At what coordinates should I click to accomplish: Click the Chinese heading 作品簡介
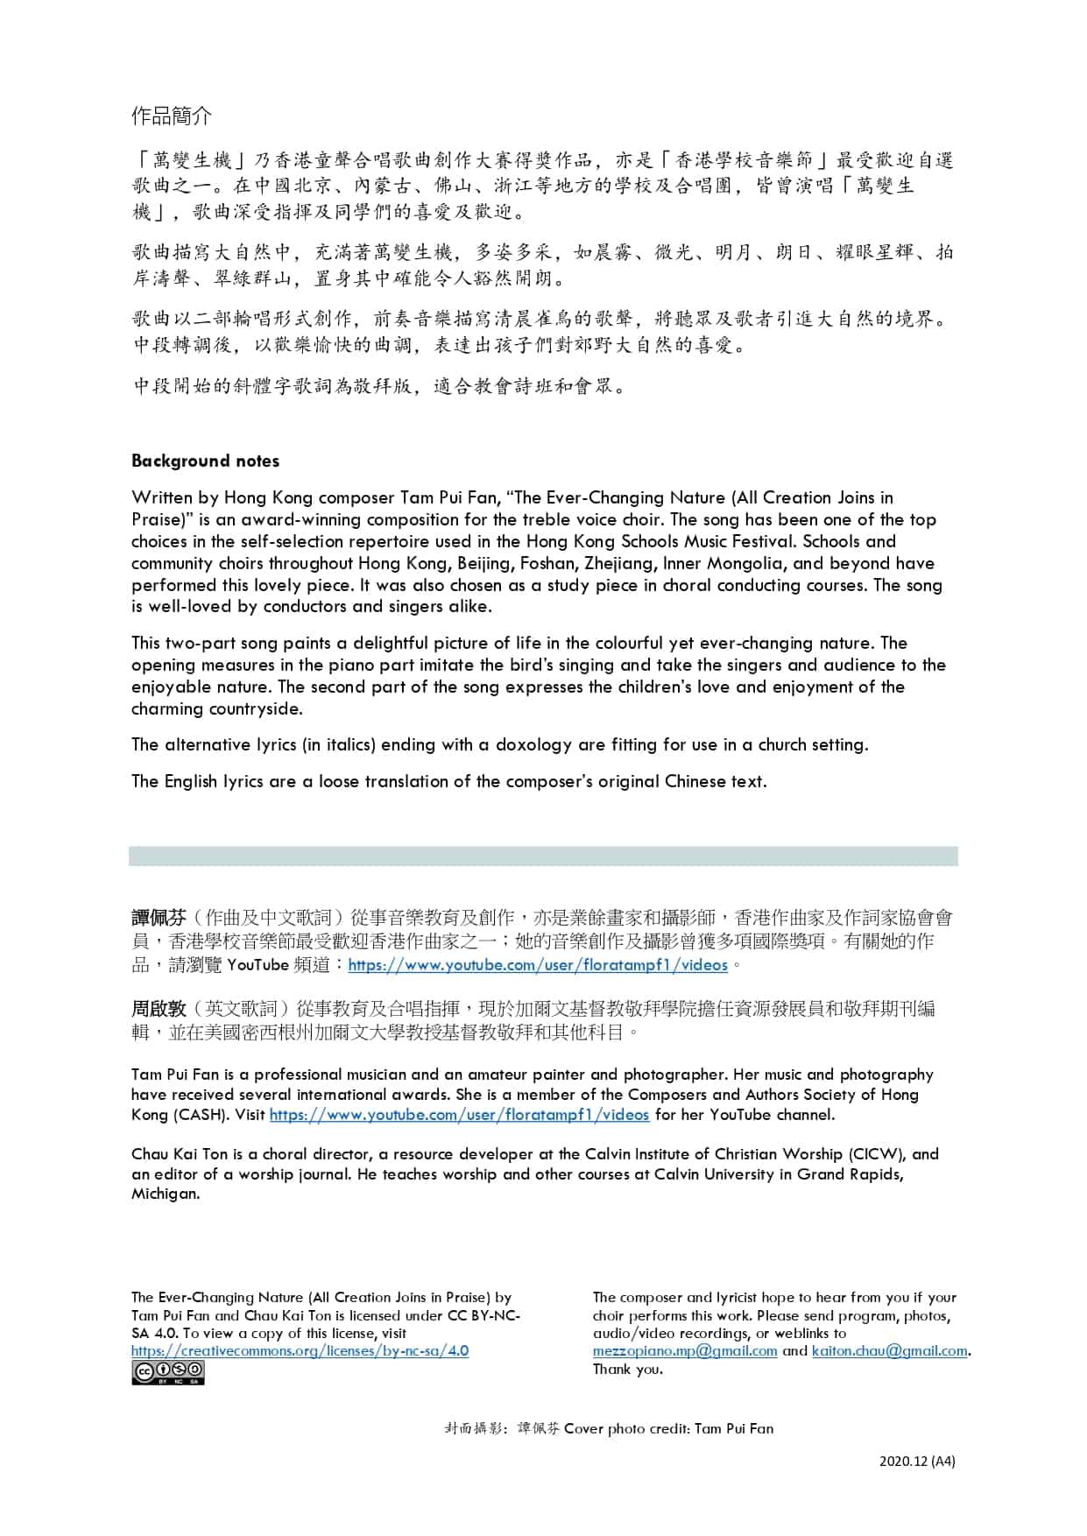pyautogui.click(x=172, y=116)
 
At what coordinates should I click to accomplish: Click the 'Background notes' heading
pyautogui.click(x=205, y=461)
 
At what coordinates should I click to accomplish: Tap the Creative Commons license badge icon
pyautogui.click(x=167, y=1372)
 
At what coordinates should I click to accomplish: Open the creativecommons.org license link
pyautogui.click(x=300, y=1350)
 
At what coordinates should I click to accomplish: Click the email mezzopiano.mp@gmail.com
pyautogui.click(x=685, y=1350)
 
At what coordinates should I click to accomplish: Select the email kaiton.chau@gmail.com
pyautogui.click(x=890, y=1350)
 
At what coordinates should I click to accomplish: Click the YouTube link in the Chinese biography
pyautogui.click(x=538, y=965)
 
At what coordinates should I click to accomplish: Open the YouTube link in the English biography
pyautogui.click(x=459, y=1115)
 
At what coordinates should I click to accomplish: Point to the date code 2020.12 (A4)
pyautogui.click(x=917, y=1461)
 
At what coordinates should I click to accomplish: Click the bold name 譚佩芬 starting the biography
pyautogui.click(x=159, y=918)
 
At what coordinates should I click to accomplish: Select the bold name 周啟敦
pyautogui.click(x=159, y=1009)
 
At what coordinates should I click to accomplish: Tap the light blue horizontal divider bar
pyautogui.click(x=543, y=856)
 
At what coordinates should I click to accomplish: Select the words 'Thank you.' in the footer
pyautogui.click(x=627, y=1369)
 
